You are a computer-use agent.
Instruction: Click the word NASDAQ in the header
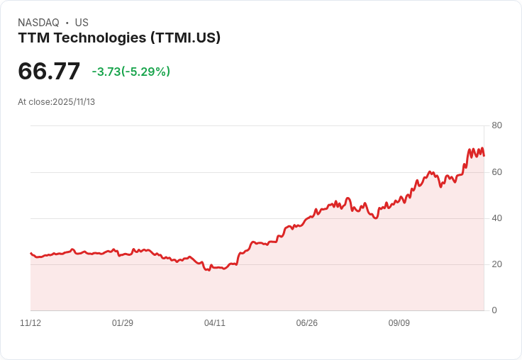click(38, 23)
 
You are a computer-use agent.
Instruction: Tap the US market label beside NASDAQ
click(82, 23)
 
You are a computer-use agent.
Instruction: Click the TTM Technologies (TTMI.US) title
click(119, 38)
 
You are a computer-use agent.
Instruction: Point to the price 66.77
click(49, 72)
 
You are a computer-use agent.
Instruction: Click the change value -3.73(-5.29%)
click(131, 72)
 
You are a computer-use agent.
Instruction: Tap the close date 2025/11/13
click(74, 102)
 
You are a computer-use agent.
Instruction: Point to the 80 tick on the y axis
click(496, 125)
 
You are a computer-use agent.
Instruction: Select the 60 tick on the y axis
click(496, 172)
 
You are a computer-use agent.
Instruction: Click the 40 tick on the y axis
click(496, 218)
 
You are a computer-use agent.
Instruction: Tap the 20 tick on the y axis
click(496, 264)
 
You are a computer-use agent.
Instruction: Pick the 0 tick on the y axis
click(494, 310)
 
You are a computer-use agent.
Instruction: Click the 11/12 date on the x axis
click(30, 323)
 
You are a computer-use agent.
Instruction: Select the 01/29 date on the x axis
click(123, 323)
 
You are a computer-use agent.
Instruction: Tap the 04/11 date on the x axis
click(215, 323)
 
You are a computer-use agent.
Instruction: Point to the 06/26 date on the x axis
click(307, 323)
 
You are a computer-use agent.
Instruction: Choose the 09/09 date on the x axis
click(399, 323)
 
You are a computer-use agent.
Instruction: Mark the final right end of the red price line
click(484, 156)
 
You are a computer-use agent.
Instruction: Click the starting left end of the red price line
click(30, 253)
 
